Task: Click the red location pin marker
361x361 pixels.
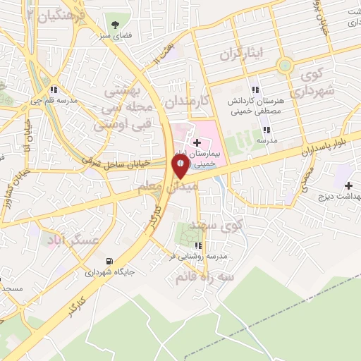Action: pos(180,164)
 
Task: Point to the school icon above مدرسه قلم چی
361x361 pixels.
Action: pos(54,90)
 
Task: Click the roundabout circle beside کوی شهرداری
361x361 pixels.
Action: pos(284,66)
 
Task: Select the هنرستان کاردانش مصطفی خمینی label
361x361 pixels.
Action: pos(255,106)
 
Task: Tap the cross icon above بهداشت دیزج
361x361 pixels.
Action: pos(348,185)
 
